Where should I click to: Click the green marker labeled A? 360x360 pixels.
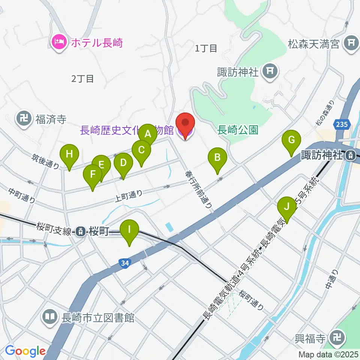[148, 133]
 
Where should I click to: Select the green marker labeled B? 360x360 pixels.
[217, 157]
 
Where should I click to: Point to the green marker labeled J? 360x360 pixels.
[287, 207]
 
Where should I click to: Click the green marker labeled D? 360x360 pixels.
[123, 163]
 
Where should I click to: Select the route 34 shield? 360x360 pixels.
[125, 264]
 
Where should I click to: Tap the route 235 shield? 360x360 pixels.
[342, 124]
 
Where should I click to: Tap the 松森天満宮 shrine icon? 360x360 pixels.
[351, 44]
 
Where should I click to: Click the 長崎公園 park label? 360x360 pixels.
[238, 130]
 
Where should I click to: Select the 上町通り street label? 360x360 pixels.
[128, 194]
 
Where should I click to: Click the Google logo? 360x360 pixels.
[25, 351]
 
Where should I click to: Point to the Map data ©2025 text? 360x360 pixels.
[328, 354]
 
